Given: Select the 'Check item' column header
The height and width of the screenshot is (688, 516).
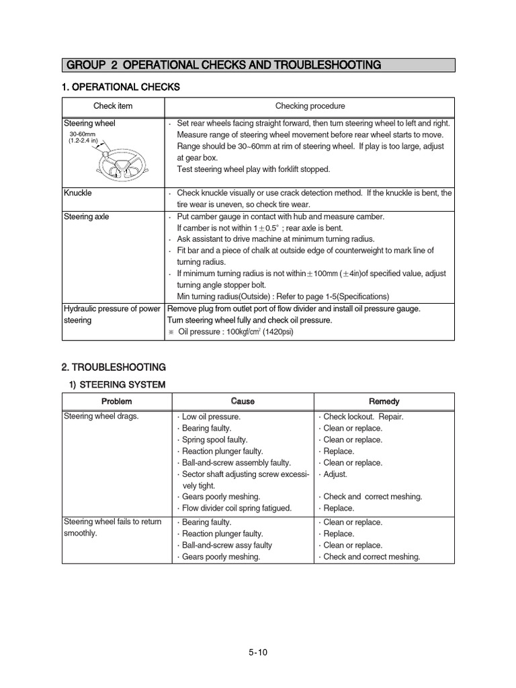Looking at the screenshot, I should pos(113,106).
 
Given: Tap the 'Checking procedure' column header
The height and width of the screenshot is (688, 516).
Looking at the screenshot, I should pos(310,106).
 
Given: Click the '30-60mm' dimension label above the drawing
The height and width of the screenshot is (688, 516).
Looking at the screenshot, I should pos(83,134).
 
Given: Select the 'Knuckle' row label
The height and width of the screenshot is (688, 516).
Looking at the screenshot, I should pos(78,193).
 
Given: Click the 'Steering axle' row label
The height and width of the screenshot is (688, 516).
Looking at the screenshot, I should pos(86,216).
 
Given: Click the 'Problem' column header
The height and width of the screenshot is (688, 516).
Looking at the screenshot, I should pos(116,401).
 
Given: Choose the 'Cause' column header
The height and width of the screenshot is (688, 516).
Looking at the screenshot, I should pos(243,401).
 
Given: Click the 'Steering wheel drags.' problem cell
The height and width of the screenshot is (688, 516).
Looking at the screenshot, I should pos(101,417).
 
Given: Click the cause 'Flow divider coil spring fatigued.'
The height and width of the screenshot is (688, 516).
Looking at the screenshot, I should pos(240,508).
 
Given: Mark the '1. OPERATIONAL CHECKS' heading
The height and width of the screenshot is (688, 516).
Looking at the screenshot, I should pos(121,87).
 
